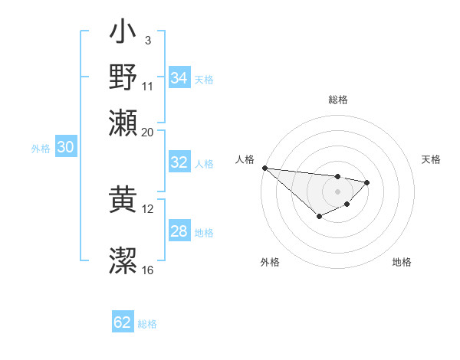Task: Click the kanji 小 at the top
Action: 123,34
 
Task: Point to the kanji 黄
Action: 123,196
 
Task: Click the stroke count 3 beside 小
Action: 147,39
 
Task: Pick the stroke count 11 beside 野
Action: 148,86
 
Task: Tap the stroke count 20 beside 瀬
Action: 148,132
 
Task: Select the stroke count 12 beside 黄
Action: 148,208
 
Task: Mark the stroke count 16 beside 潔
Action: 148,270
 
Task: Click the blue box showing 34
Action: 179,78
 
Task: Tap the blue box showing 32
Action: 179,162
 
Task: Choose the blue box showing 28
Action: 179,231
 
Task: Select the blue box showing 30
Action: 65,148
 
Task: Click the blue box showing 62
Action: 123,322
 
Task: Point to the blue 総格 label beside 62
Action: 147,324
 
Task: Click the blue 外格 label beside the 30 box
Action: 41,149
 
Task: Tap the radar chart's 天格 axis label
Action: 432,159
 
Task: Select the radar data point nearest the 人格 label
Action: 264,168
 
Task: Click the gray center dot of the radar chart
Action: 337,191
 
